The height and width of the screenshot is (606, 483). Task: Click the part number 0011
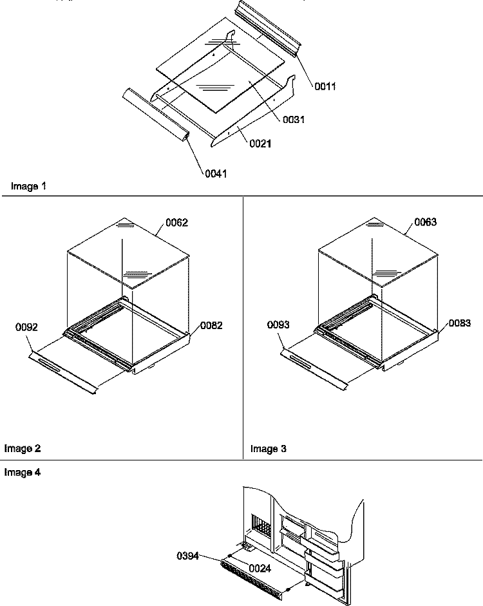pos(325,86)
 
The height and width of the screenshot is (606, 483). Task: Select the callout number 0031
pos(292,120)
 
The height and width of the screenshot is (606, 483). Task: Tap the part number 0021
pos(260,144)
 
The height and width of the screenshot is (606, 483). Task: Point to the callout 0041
pos(216,173)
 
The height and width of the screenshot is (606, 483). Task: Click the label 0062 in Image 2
pos(176,223)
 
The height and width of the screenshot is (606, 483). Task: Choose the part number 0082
pos(211,326)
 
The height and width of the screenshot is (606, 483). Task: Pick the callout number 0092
pos(26,327)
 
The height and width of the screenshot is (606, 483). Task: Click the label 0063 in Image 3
pos(426,223)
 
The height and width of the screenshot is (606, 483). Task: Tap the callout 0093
pos(278,325)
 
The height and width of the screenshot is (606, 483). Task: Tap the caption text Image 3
pos(269,449)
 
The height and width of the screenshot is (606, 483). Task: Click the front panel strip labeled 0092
pos(64,371)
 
